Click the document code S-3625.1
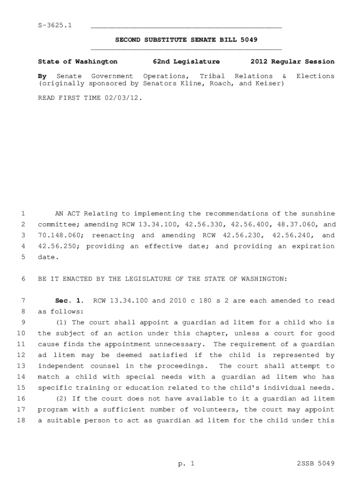55,25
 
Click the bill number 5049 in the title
248,40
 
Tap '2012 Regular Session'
292,61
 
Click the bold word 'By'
42,76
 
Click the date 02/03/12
123,98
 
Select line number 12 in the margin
21,355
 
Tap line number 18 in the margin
21,420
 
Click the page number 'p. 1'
186,464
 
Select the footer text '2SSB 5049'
316,464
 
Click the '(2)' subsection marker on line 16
62,399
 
